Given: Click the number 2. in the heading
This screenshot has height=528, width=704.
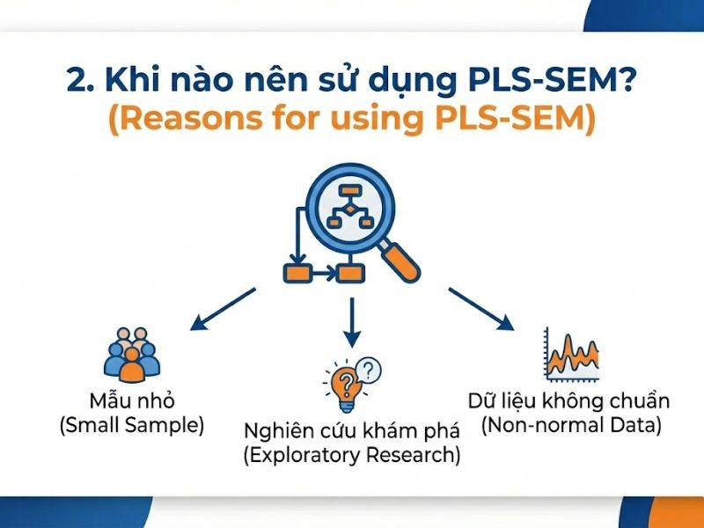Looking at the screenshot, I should coord(80,80).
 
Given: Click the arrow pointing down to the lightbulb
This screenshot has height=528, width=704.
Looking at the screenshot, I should coord(352,321).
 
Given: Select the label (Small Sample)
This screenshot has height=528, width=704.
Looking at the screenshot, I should coord(131,426).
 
